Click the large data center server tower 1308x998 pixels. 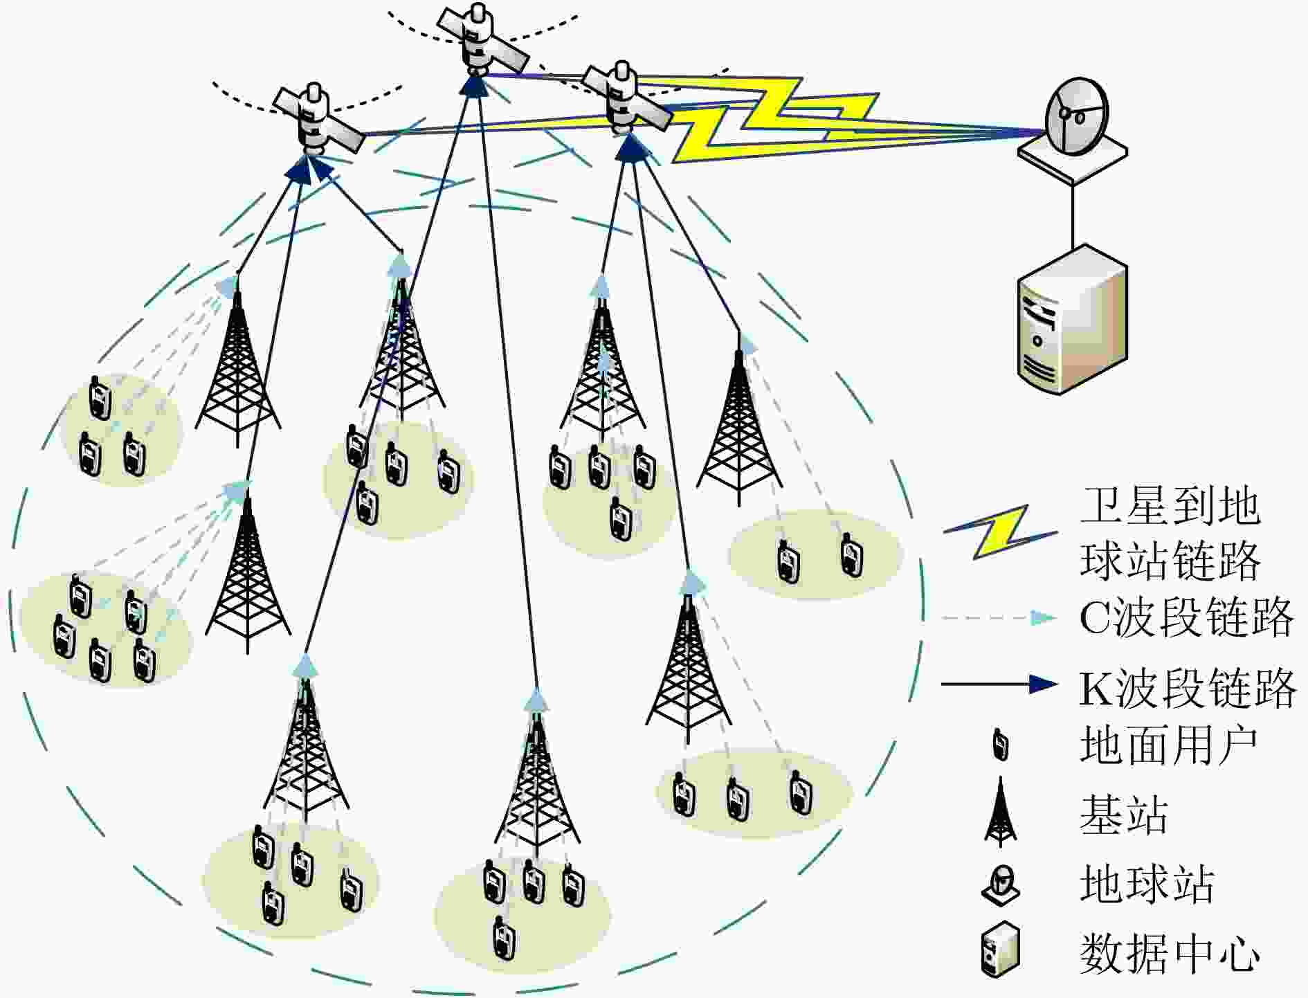point(1071,322)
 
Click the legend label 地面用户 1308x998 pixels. point(1168,745)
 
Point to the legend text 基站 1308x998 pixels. point(1124,815)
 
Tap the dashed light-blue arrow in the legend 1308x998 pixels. point(999,617)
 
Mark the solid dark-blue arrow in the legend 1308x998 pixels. point(999,684)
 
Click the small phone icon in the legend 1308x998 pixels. point(1000,745)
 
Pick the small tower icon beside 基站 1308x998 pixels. point(1000,813)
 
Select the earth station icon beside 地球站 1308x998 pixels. point(1001,885)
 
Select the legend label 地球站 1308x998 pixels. point(1147,884)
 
